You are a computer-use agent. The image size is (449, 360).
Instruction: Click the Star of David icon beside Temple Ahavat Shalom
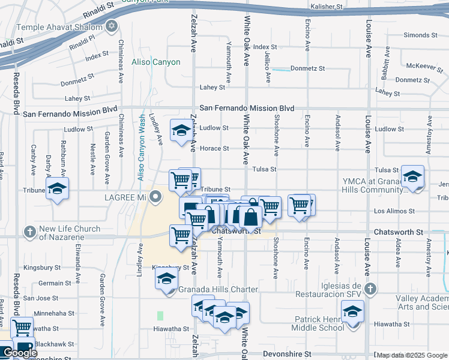(110, 26)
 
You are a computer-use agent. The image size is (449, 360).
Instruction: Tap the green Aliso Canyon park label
(156, 62)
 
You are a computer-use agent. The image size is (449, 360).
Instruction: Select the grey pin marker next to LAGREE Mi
(156, 196)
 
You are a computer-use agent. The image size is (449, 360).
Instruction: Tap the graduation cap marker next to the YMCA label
(412, 178)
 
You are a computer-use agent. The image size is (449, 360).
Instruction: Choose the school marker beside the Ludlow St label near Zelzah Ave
(180, 131)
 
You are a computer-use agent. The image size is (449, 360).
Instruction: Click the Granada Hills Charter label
(218, 289)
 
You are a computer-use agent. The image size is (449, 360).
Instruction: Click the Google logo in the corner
(20, 353)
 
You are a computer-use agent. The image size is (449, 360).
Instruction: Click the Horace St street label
(214, 148)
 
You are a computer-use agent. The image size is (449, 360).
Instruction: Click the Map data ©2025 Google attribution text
(412, 355)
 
